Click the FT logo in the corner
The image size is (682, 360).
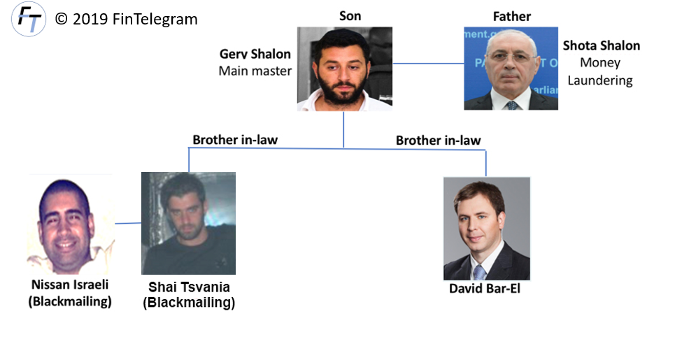click(x=29, y=20)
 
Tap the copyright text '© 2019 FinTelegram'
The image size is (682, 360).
click(x=126, y=19)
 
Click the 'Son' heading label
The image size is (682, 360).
click(x=350, y=15)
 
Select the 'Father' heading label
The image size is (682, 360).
click(x=512, y=15)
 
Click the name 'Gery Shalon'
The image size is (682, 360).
click(x=255, y=55)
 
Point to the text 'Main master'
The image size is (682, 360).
click(x=255, y=71)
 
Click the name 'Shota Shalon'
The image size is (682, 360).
click(x=601, y=46)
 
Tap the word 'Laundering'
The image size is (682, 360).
click(x=599, y=80)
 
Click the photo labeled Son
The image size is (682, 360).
click(x=344, y=69)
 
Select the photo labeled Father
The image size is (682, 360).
click(x=511, y=69)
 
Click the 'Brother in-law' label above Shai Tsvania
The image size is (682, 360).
click(x=235, y=140)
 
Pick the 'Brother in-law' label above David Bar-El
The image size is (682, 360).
click(x=438, y=141)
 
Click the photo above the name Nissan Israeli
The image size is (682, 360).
click(x=70, y=224)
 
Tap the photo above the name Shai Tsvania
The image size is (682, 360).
click(x=188, y=223)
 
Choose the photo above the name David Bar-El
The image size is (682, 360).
click(x=486, y=229)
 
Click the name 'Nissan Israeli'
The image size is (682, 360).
click(x=70, y=285)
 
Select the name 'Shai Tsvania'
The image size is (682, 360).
click(x=189, y=287)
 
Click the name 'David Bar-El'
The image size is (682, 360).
click(x=485, y=288)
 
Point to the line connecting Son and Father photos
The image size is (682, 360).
click(x=427, y=64)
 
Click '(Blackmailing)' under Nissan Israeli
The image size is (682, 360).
click(x=70, y=301)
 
